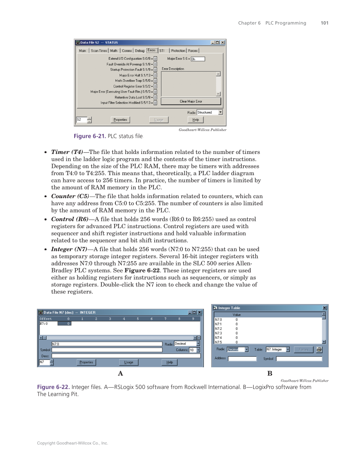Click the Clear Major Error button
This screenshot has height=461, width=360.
pos(191,101)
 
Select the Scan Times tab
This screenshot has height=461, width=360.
pos(99,51)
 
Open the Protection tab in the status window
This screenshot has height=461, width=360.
pos(178,51)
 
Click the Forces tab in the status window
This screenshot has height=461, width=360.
pos(193,51)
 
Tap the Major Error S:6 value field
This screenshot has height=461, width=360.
pos(198,59)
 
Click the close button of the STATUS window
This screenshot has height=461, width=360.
pos(223,42)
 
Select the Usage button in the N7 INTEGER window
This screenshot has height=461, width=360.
pos(128,362)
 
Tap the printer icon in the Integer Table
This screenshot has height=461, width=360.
pos(319,349)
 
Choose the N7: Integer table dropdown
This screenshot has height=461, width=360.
pos(277,349)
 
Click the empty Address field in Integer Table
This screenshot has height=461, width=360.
pos(242,359)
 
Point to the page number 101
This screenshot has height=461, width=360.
pos(324,23)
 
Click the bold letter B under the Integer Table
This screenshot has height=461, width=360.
pos(270,373)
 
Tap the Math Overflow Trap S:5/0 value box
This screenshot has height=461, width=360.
pos(155,81)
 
